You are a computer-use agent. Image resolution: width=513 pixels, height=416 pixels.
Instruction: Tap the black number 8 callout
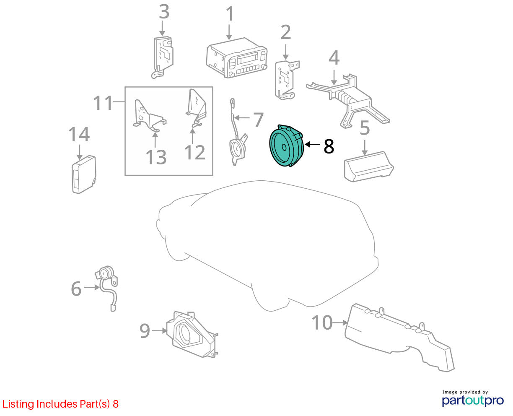[x=329, y=146]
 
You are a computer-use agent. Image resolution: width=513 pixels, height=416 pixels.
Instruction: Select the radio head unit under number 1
[x=236, y=58]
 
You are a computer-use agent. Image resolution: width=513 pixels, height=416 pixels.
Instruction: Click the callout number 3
[x=164, y=11]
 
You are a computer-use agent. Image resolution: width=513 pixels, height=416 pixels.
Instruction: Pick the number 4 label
[x=334, y=57]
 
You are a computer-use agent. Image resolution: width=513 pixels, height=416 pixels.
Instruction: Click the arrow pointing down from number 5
[x=365, y=148]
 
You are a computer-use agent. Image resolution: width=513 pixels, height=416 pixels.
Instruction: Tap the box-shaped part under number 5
[x=369, y=166]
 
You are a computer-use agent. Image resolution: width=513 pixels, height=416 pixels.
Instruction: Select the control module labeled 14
[x=84, y=174]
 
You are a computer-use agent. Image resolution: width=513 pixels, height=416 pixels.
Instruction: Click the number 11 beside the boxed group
[x=103, y=103]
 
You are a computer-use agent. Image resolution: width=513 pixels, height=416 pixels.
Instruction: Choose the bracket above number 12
[x=196, y=108]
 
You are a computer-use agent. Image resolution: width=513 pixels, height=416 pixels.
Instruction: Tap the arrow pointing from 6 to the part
[x=92, y=287]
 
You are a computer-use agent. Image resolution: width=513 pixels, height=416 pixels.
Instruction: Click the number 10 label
[x=322, y=322]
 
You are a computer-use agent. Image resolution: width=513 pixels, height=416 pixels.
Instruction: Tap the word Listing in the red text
[x=18, y=404]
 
